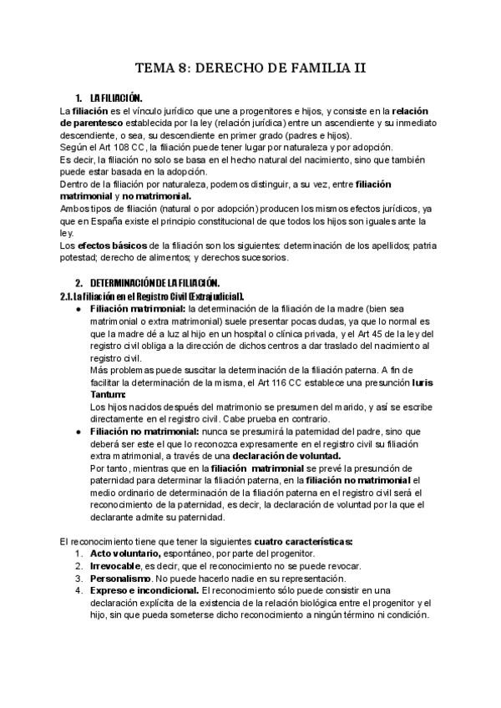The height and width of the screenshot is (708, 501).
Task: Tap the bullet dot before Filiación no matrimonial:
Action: click(x=77, y=431)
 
